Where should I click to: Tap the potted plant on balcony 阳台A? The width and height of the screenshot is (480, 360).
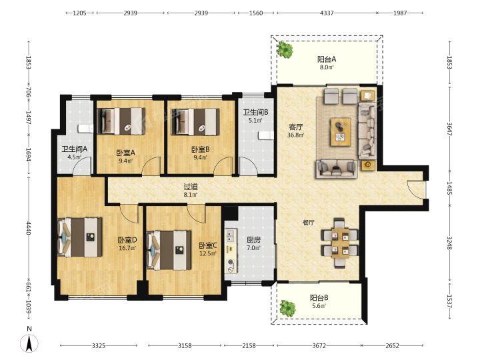point(285,49)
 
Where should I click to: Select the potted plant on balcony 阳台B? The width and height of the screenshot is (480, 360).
point(287,308)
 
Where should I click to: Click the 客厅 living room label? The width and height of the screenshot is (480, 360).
point(296,127)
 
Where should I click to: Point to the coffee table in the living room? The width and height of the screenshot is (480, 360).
point(341,132)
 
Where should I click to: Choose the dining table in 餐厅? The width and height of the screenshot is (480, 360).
point(340,243)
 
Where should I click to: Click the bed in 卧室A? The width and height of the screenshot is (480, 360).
point(121,121)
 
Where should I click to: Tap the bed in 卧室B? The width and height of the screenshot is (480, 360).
point(195,121)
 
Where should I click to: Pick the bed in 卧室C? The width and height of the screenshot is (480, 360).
point(169,251)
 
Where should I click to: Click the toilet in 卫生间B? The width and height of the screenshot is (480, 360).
point(266,135)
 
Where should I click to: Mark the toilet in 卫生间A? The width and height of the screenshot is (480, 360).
point(85,128)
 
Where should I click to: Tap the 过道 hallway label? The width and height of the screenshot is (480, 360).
point(191,187)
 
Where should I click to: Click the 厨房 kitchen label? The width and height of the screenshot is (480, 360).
point(253,240)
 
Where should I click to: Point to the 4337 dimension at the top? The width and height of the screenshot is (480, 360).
point(327,13)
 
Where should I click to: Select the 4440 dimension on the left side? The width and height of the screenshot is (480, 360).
point(29,228)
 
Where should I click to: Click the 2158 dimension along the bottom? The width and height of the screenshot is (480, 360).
point(249,345)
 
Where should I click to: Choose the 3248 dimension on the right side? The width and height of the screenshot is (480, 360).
point(449,243)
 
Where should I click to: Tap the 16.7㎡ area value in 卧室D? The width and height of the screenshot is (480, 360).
point(127,248)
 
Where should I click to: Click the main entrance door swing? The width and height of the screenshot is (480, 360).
point(414,187)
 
